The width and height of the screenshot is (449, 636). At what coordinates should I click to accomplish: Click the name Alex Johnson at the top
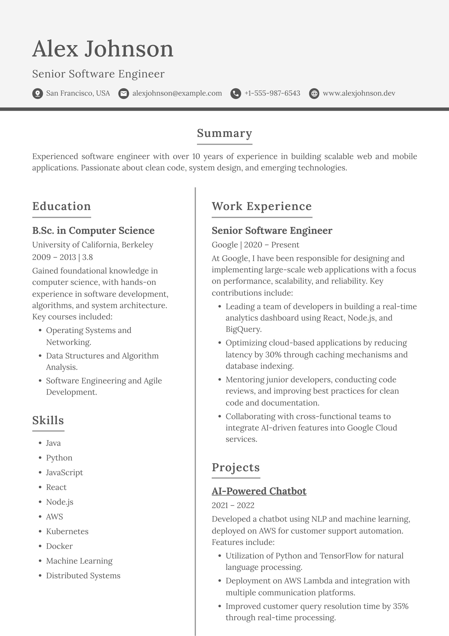tap(103, 49)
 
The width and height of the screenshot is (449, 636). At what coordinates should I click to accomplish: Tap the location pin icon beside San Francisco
tap(37, 94)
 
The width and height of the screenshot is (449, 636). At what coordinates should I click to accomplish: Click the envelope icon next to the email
tap(123, 94)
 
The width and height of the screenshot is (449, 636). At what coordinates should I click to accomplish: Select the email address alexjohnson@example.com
tap(177, 93)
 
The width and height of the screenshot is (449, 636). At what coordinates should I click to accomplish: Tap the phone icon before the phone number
tap(236, 94)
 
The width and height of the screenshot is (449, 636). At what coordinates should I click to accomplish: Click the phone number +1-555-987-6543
tap(272, 93)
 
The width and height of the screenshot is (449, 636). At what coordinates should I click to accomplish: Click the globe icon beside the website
tap(314, 94)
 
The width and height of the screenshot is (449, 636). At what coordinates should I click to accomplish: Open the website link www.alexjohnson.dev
tap(359, 93)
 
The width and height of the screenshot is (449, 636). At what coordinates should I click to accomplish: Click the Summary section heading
tap(224, 133)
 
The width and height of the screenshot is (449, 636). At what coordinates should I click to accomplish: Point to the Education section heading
tap(61, 206)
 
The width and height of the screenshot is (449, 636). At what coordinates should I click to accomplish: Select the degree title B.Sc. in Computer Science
tap(93, 230)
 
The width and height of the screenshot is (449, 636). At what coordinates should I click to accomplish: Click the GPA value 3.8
tap(88, 257)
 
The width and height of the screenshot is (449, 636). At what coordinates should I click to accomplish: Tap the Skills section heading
tap(48, 421)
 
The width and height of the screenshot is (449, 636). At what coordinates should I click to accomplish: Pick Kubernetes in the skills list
tap(67, 531)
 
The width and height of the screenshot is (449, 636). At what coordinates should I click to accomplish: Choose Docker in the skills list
tap(59, 546)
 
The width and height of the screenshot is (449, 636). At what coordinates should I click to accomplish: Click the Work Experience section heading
tap(261, 206)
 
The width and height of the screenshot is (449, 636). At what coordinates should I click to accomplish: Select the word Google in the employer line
tap(224, 245)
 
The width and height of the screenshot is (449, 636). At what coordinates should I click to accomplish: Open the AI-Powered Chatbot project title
tap(259, 491)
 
